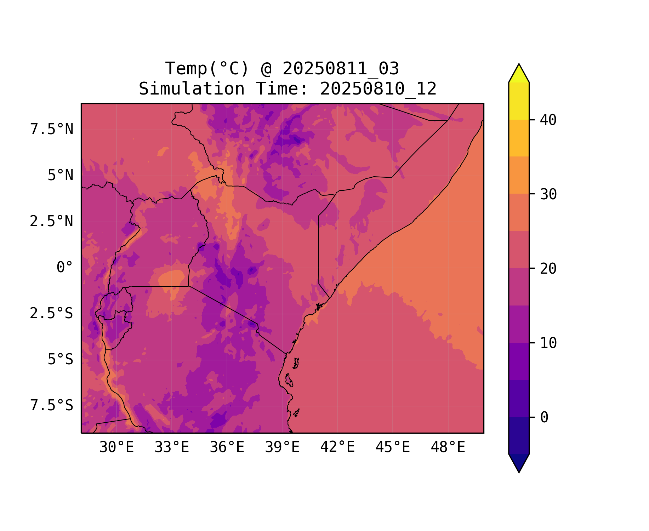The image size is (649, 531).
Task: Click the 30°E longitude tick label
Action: click(x=116, y=447)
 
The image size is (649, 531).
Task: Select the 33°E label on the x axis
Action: click(x=172, y=447)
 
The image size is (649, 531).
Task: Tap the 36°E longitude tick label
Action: click(x=227, y=447)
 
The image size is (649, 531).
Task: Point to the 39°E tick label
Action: click(x=282, y=447)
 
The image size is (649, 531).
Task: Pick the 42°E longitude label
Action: click(x=337, y=447)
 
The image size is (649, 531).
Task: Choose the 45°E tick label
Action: click(x=393, y=447)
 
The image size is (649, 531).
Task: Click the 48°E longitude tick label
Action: click(x=448, y=447)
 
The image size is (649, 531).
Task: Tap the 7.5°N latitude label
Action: click(x=52, y=130)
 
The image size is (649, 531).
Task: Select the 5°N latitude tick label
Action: click(x=61, y=176)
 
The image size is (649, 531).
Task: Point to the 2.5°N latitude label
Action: click(x=52, y=222)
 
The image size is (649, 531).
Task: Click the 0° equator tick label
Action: click(x=65, y=268)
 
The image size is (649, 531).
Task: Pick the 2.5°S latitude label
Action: click(x=52, y=314)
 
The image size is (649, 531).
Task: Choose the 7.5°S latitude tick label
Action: click(x=52, y=406)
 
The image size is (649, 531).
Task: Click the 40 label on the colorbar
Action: click(x=548, y=120)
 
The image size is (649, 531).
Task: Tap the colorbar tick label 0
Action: click(x=544, y=418)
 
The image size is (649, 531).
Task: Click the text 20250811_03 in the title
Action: click(x=341, y=69)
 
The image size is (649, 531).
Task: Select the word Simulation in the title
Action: click(x=192, y=89)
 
